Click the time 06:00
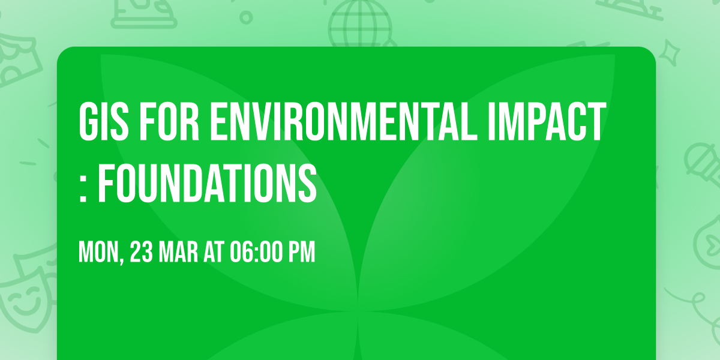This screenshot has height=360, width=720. point(257,253)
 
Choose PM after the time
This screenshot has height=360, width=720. point(302,253)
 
